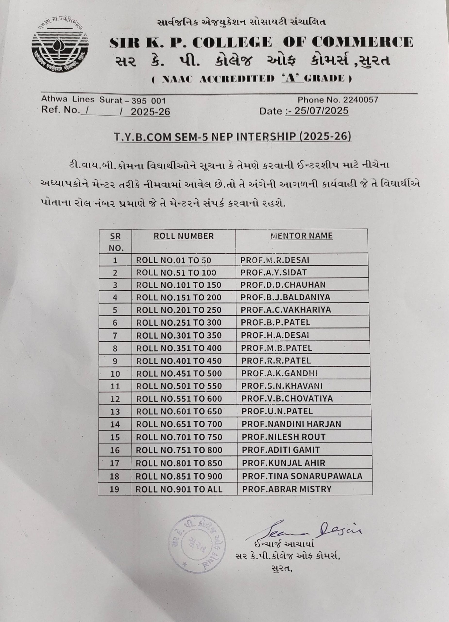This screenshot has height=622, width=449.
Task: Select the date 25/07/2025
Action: pos(321,111)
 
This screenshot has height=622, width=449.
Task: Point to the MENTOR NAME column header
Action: pos(301,236)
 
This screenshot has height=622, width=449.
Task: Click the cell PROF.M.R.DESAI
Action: pos(275,260)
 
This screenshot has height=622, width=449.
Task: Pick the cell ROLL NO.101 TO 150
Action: pos(178,285)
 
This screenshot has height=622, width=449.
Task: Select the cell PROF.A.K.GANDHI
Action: pos(279,373)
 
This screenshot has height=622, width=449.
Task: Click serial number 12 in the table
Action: pos(115,399)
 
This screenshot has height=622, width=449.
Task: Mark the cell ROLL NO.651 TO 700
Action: pos(179,424)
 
